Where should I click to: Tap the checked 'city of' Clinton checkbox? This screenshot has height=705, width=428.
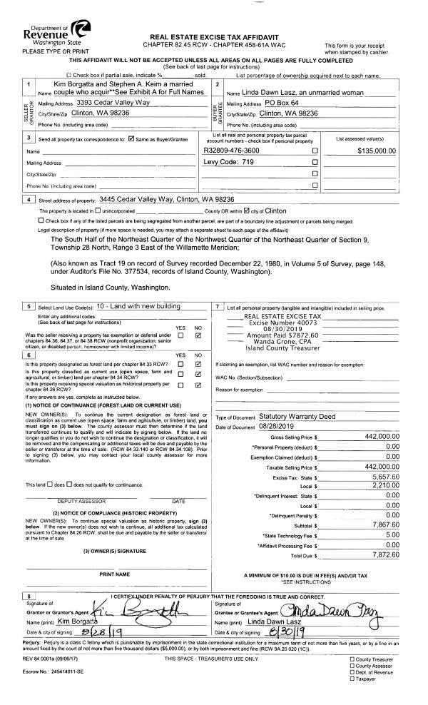pyautogui.click(x=248, y=211)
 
